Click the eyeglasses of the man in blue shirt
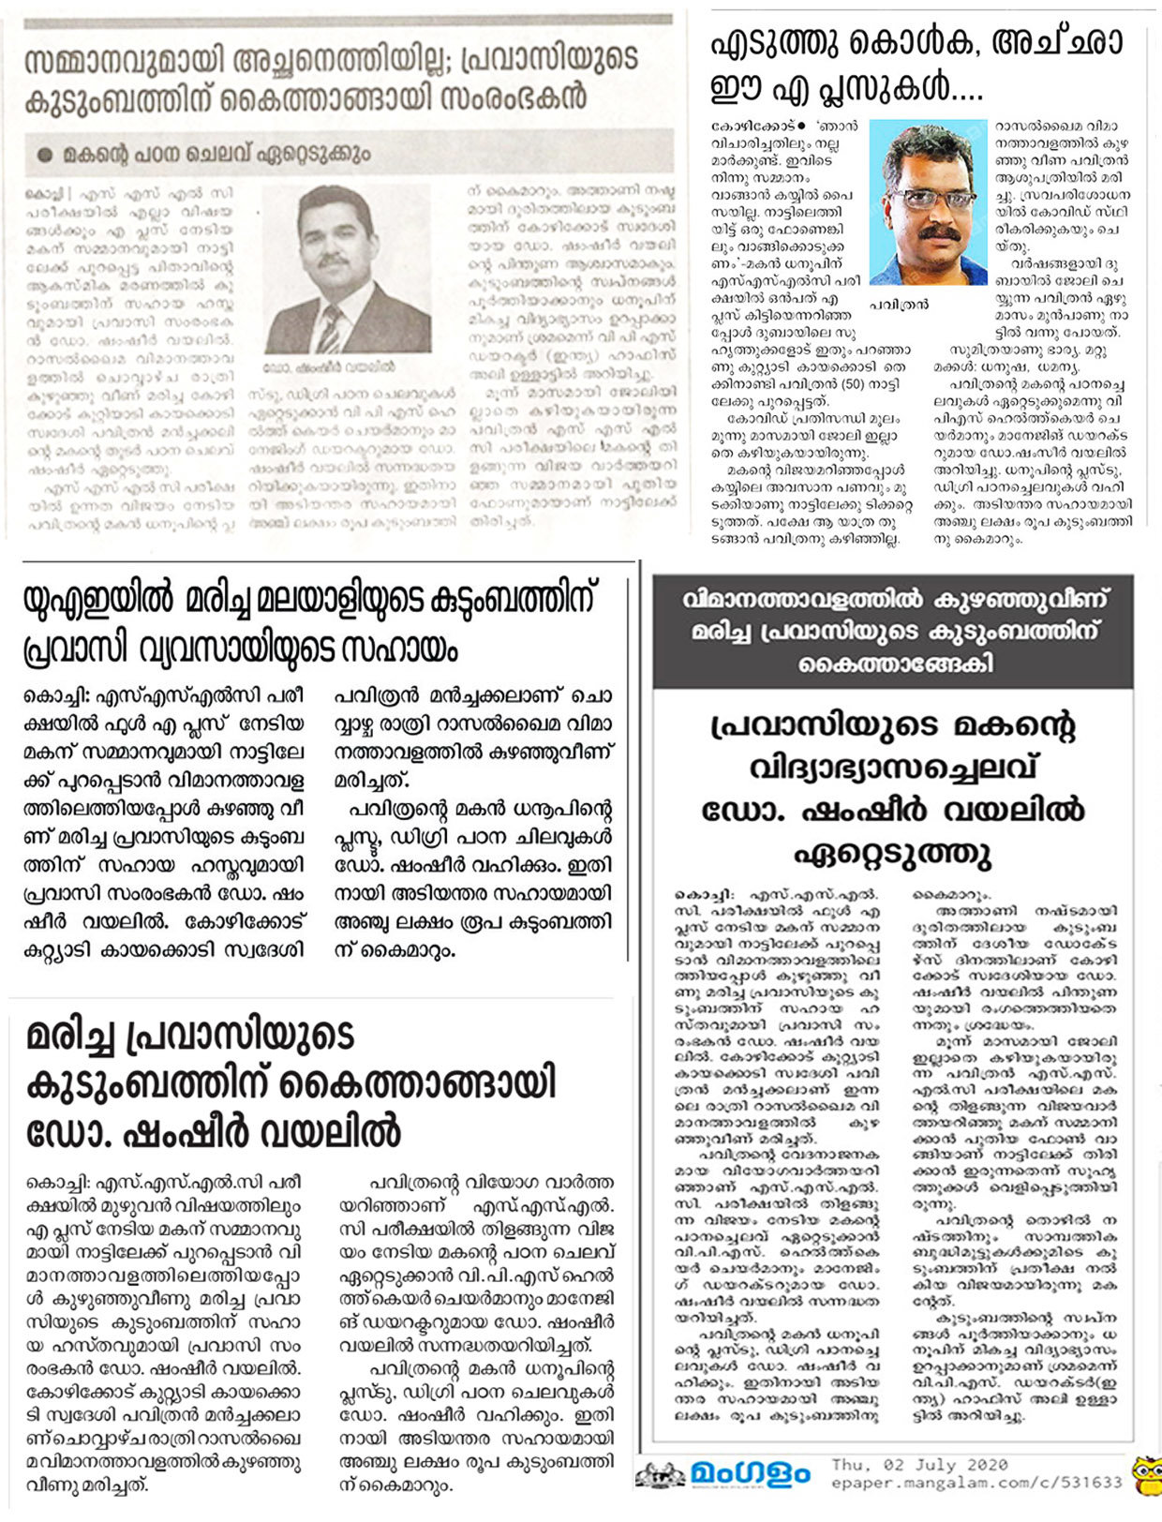[924, 199]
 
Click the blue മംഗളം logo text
[751, 1474]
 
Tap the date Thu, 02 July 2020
[919, 1465]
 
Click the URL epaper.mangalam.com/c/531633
[976, 1483]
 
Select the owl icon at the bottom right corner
[1145, 1474]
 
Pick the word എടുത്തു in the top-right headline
[776, 44]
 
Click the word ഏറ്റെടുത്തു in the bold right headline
[892, 854]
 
